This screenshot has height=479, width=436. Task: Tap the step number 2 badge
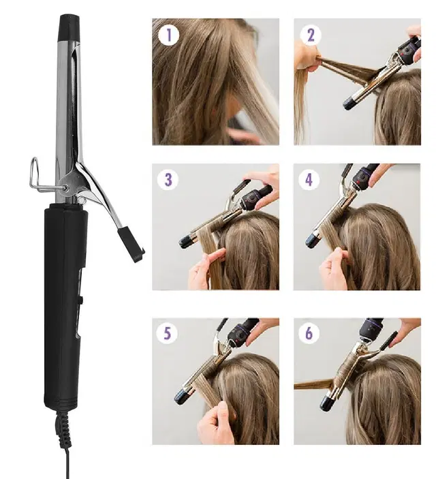pos(311,35)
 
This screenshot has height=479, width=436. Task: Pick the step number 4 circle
pos(311,181)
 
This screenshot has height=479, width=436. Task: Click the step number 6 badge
pos(311,334)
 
